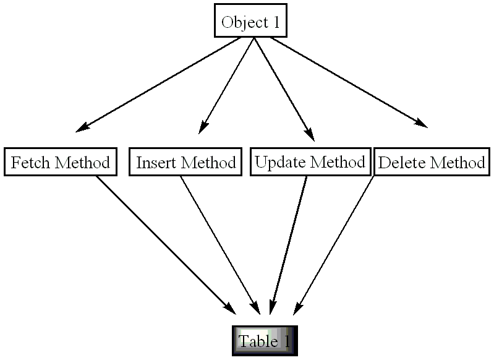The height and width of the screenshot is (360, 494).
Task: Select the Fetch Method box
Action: (x=61, y=163)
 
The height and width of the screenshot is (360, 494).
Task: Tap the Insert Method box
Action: (x=185, y=163)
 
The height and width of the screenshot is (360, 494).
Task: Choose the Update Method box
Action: (x=310, y=162)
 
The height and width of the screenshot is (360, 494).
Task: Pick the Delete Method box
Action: (x=431, y=163)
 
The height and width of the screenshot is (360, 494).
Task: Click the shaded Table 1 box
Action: (x=265, y=341)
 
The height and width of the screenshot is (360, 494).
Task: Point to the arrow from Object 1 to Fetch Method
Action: (x=161, y=84)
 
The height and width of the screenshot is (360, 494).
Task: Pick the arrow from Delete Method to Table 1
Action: (x=336, y=244)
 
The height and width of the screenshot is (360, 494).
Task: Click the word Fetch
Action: (x=32, y=163)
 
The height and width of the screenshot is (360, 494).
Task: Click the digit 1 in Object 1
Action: (x=276, y=23)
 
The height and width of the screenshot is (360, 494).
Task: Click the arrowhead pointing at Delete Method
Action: (x=420, y=123)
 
